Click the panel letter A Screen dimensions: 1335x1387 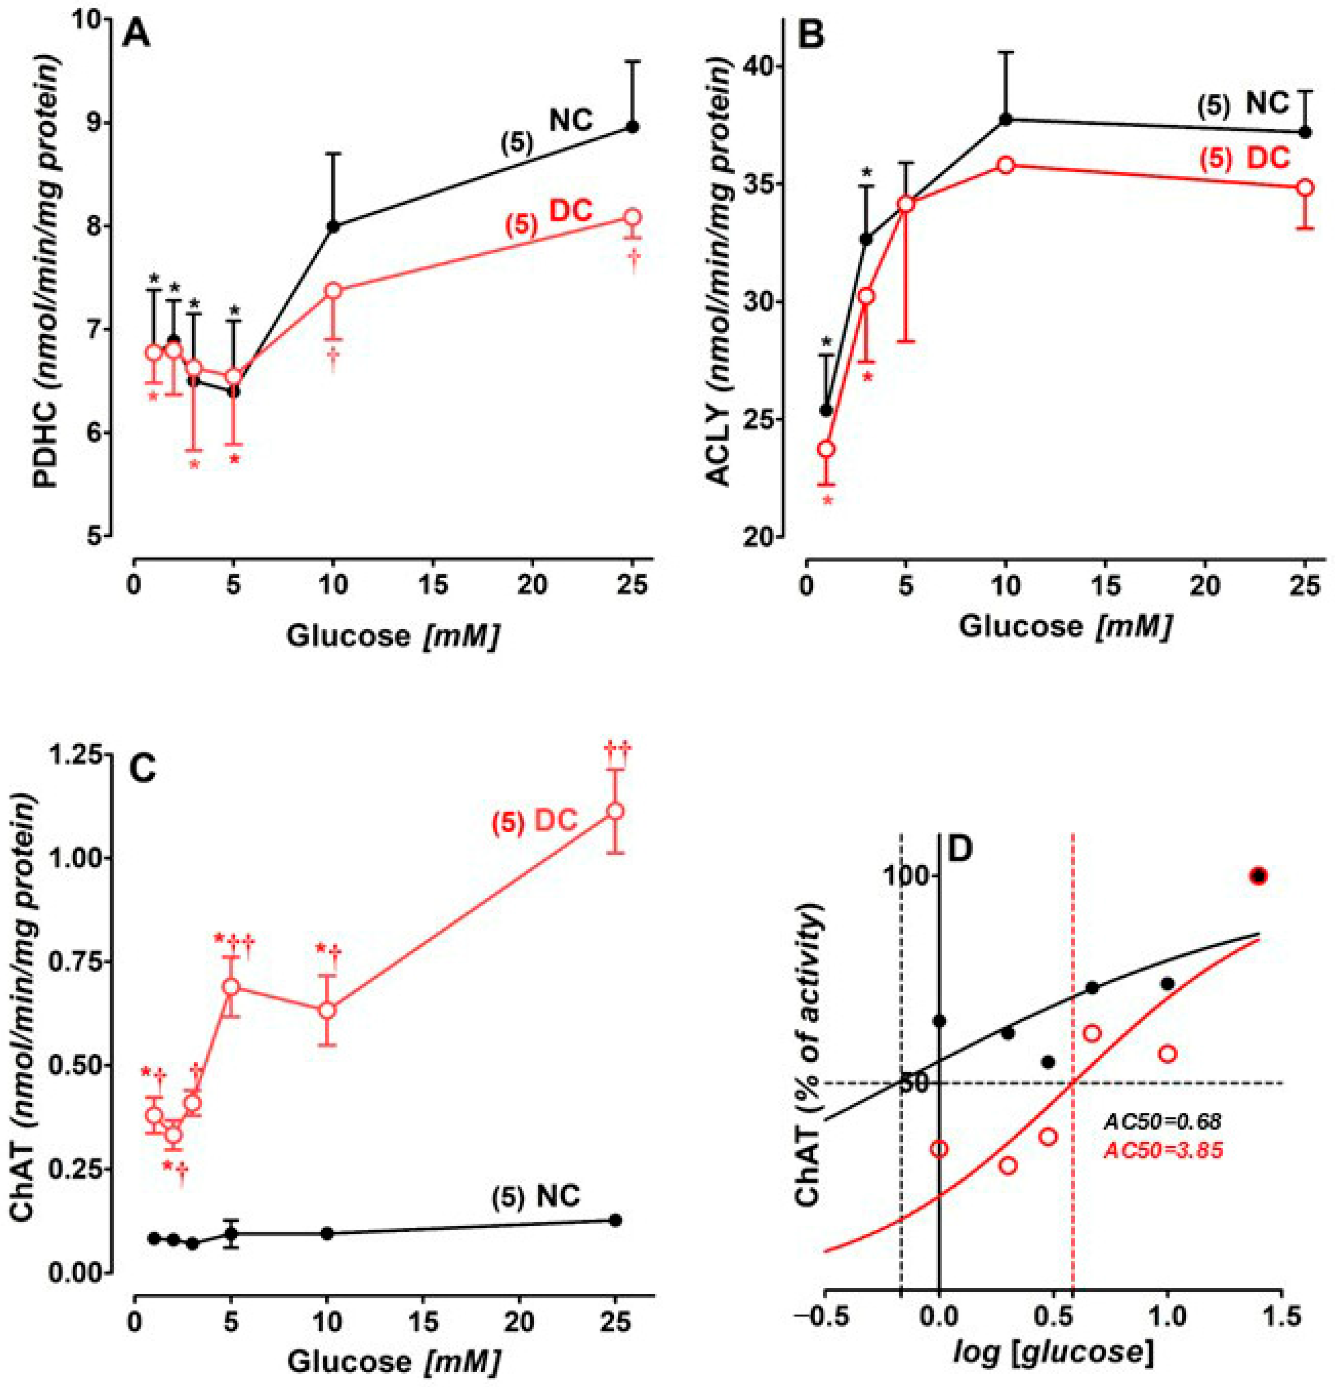137,33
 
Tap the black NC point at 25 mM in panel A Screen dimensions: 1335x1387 634,127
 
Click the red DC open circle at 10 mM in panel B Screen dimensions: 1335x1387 1005,165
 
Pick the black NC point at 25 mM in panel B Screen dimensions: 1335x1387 1306,133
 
